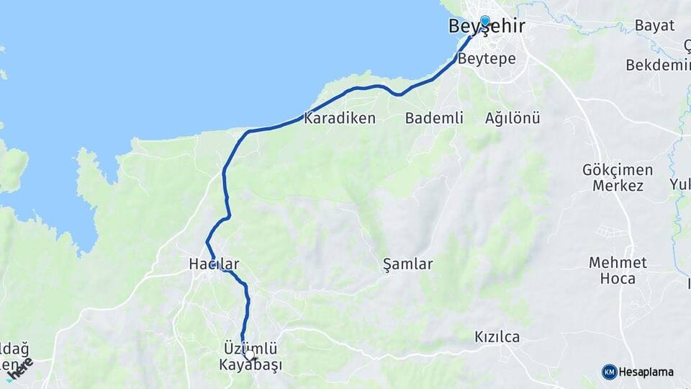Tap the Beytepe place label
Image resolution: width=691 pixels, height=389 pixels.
click(x=487, y=59)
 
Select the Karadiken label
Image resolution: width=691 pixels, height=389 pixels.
click(x=340, y=118)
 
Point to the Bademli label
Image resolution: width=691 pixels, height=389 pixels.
click(x=434, y=118)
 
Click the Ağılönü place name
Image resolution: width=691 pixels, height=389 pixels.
click(x=512, y=118)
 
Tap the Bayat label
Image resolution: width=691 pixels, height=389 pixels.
click(x=654, y=26)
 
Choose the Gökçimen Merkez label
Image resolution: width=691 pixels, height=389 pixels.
click(x=618, y=178)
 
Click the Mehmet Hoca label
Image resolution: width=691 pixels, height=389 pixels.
click(x=618, y=270)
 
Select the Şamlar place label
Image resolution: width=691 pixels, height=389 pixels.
click(x=408, y=264)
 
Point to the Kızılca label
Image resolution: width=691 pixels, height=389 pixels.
click(x=497, y=337)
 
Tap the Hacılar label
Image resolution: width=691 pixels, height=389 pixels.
click(x=213, y=264)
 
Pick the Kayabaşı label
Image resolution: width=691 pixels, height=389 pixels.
click(x=250, y=366)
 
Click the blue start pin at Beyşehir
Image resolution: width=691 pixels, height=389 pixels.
click(x=485, y=22)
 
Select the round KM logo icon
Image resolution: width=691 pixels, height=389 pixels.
click(x=609, y=372)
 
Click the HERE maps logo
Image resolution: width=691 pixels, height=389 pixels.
click(x=20, y=368)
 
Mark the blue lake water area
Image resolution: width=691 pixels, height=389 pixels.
click(x=180, y=65)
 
